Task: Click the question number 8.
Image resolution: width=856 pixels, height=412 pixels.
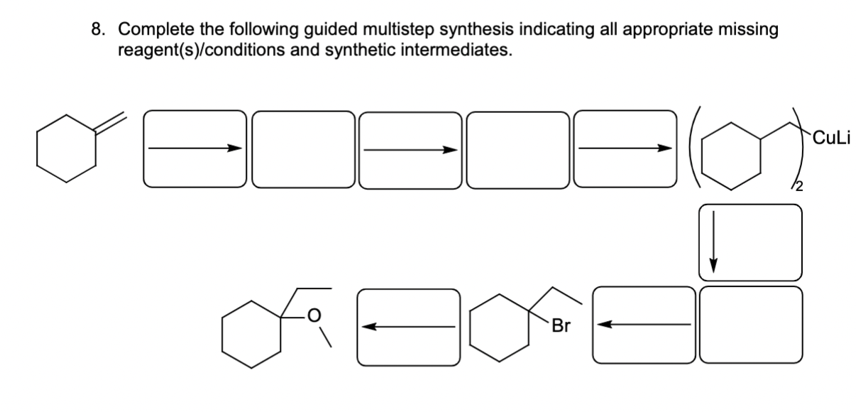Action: [97, 30]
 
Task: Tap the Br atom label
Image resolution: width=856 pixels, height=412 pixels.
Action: [561, 327]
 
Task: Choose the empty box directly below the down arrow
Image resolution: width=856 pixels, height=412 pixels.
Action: [750, 325]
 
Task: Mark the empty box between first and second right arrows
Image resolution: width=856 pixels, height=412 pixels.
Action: [303, 149]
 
